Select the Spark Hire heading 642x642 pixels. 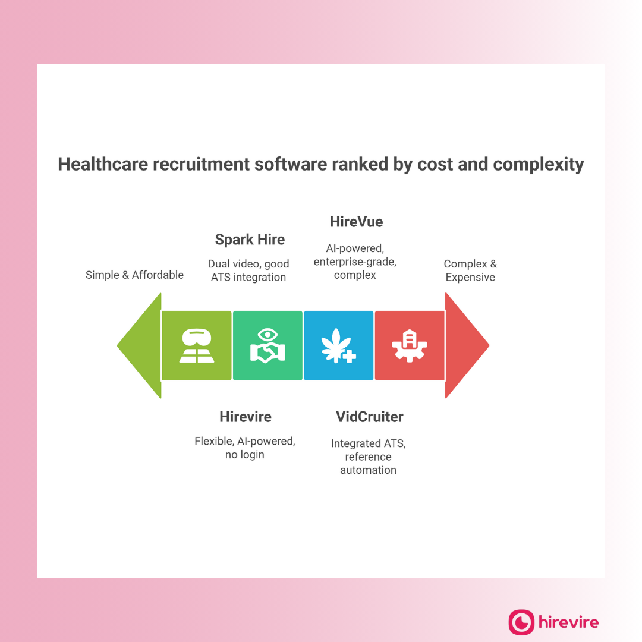[250, 240]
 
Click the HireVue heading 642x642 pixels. [356, 222]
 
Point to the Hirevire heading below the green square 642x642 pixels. [245, 417]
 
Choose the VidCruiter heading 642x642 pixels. [369, 417]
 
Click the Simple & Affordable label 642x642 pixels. [134, 275]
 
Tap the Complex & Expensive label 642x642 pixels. [470, 270]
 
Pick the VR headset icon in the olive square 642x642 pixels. [197, 346]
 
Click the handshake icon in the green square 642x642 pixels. [267, 346]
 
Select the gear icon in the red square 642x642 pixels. [410, 346]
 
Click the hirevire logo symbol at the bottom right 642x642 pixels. [521, 622]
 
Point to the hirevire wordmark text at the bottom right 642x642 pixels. [568, 622]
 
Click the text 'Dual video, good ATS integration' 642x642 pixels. [248, 270]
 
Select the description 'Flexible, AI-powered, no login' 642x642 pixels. [245, 448]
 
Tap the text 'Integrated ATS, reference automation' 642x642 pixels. [369, 457]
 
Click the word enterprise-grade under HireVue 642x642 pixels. [355, 262]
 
